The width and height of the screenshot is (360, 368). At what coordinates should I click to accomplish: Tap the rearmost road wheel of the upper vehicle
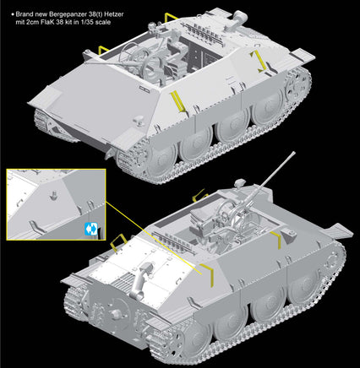(x=254, y=110)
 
